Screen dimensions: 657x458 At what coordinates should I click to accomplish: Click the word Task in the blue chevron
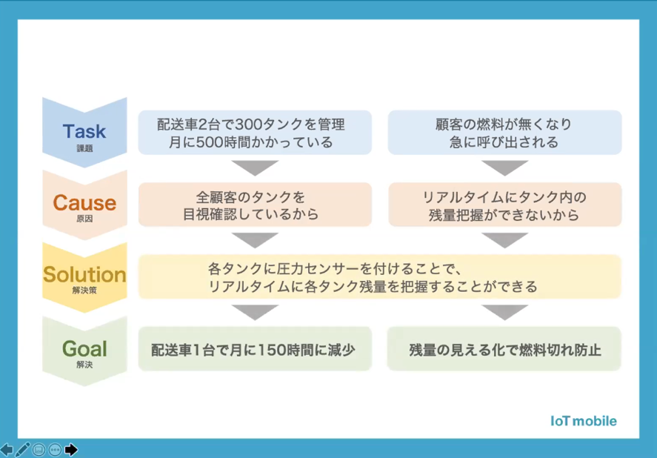pyautogui.click(x=84, y=131)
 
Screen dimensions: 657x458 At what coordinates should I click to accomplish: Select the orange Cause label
pyautogui.click(x=84, y=203)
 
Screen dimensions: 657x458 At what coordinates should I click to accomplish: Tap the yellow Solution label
pyautogui.click(x=84, y=275)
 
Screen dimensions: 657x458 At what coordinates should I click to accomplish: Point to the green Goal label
pyautogui.click(x=84, y=348)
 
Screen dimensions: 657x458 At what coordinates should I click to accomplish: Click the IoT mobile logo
pyautogui.click(x=583, y=421)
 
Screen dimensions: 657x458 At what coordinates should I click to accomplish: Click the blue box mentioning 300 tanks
pyautogui.click(x=255, y=133)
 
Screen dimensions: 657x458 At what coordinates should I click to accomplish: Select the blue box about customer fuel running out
pyautogui.click(x=504, y=133)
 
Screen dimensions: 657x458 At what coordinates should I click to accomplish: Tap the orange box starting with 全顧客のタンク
pyautogui.click(x=255, y=205)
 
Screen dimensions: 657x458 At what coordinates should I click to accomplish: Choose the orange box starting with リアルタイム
pyautogui.click(x=504, y=205)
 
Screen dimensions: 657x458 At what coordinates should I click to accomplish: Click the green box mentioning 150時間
pyautogui.click(x=255, y=349)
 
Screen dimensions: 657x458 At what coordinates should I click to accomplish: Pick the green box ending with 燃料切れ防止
pyautogui.click(x=504, y=349)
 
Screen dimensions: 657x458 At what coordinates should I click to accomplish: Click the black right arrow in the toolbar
pyautogui.click(x=71, y=450)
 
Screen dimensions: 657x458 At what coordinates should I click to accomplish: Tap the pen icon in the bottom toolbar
pyautogui.click(x=23, y=450)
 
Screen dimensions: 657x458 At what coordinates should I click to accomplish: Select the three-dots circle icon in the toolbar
pyautogui.click(x=55, y=450)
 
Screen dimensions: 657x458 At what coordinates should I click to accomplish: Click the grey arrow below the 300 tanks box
pyautogui.click(x=255, y=167)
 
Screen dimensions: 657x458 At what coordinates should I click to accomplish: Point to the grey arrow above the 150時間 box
pyautogui.click(x=255, y=312)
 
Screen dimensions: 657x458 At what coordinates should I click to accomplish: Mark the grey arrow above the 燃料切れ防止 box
pyautogui.click(x=504, y=312)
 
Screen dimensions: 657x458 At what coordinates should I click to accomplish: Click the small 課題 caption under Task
pyautogui.click(x=84, y=148)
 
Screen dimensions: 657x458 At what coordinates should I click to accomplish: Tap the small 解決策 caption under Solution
pyautogui.click(x=84, y=291)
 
